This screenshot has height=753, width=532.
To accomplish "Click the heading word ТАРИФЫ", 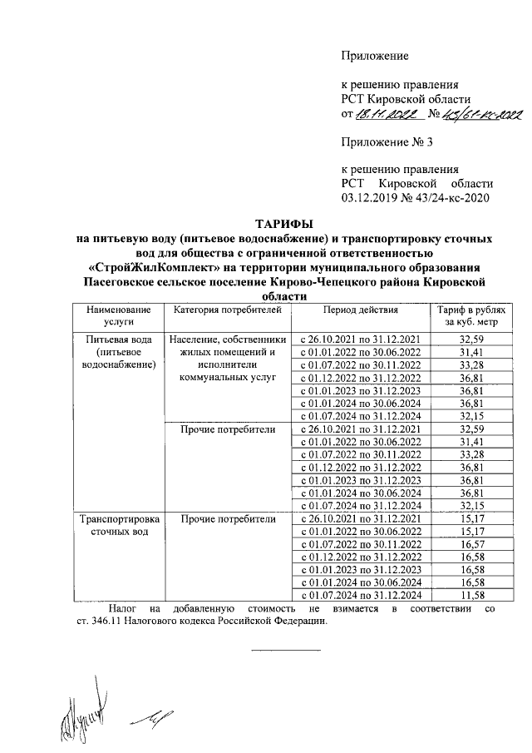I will click(283, 223).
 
